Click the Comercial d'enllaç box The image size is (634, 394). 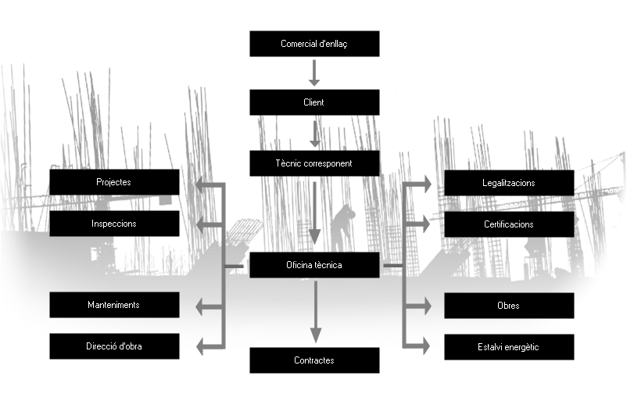314,44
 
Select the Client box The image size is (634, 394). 314,102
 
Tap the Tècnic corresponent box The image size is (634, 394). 314,163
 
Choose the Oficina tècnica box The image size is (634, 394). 314,265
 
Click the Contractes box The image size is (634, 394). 314,360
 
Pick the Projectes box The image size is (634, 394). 114,182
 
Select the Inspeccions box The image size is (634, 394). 114,224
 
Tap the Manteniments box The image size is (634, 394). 114,305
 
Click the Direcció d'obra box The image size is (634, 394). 114,346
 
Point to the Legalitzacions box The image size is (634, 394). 509,183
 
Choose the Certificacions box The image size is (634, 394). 509,224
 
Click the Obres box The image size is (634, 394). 509,306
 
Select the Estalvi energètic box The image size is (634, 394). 509,347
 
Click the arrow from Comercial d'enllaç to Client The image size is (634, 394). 314,73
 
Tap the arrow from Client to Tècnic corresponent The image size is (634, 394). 314,134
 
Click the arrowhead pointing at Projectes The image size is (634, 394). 202,185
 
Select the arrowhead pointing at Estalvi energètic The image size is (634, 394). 424,344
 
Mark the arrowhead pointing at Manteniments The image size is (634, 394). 202,306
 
